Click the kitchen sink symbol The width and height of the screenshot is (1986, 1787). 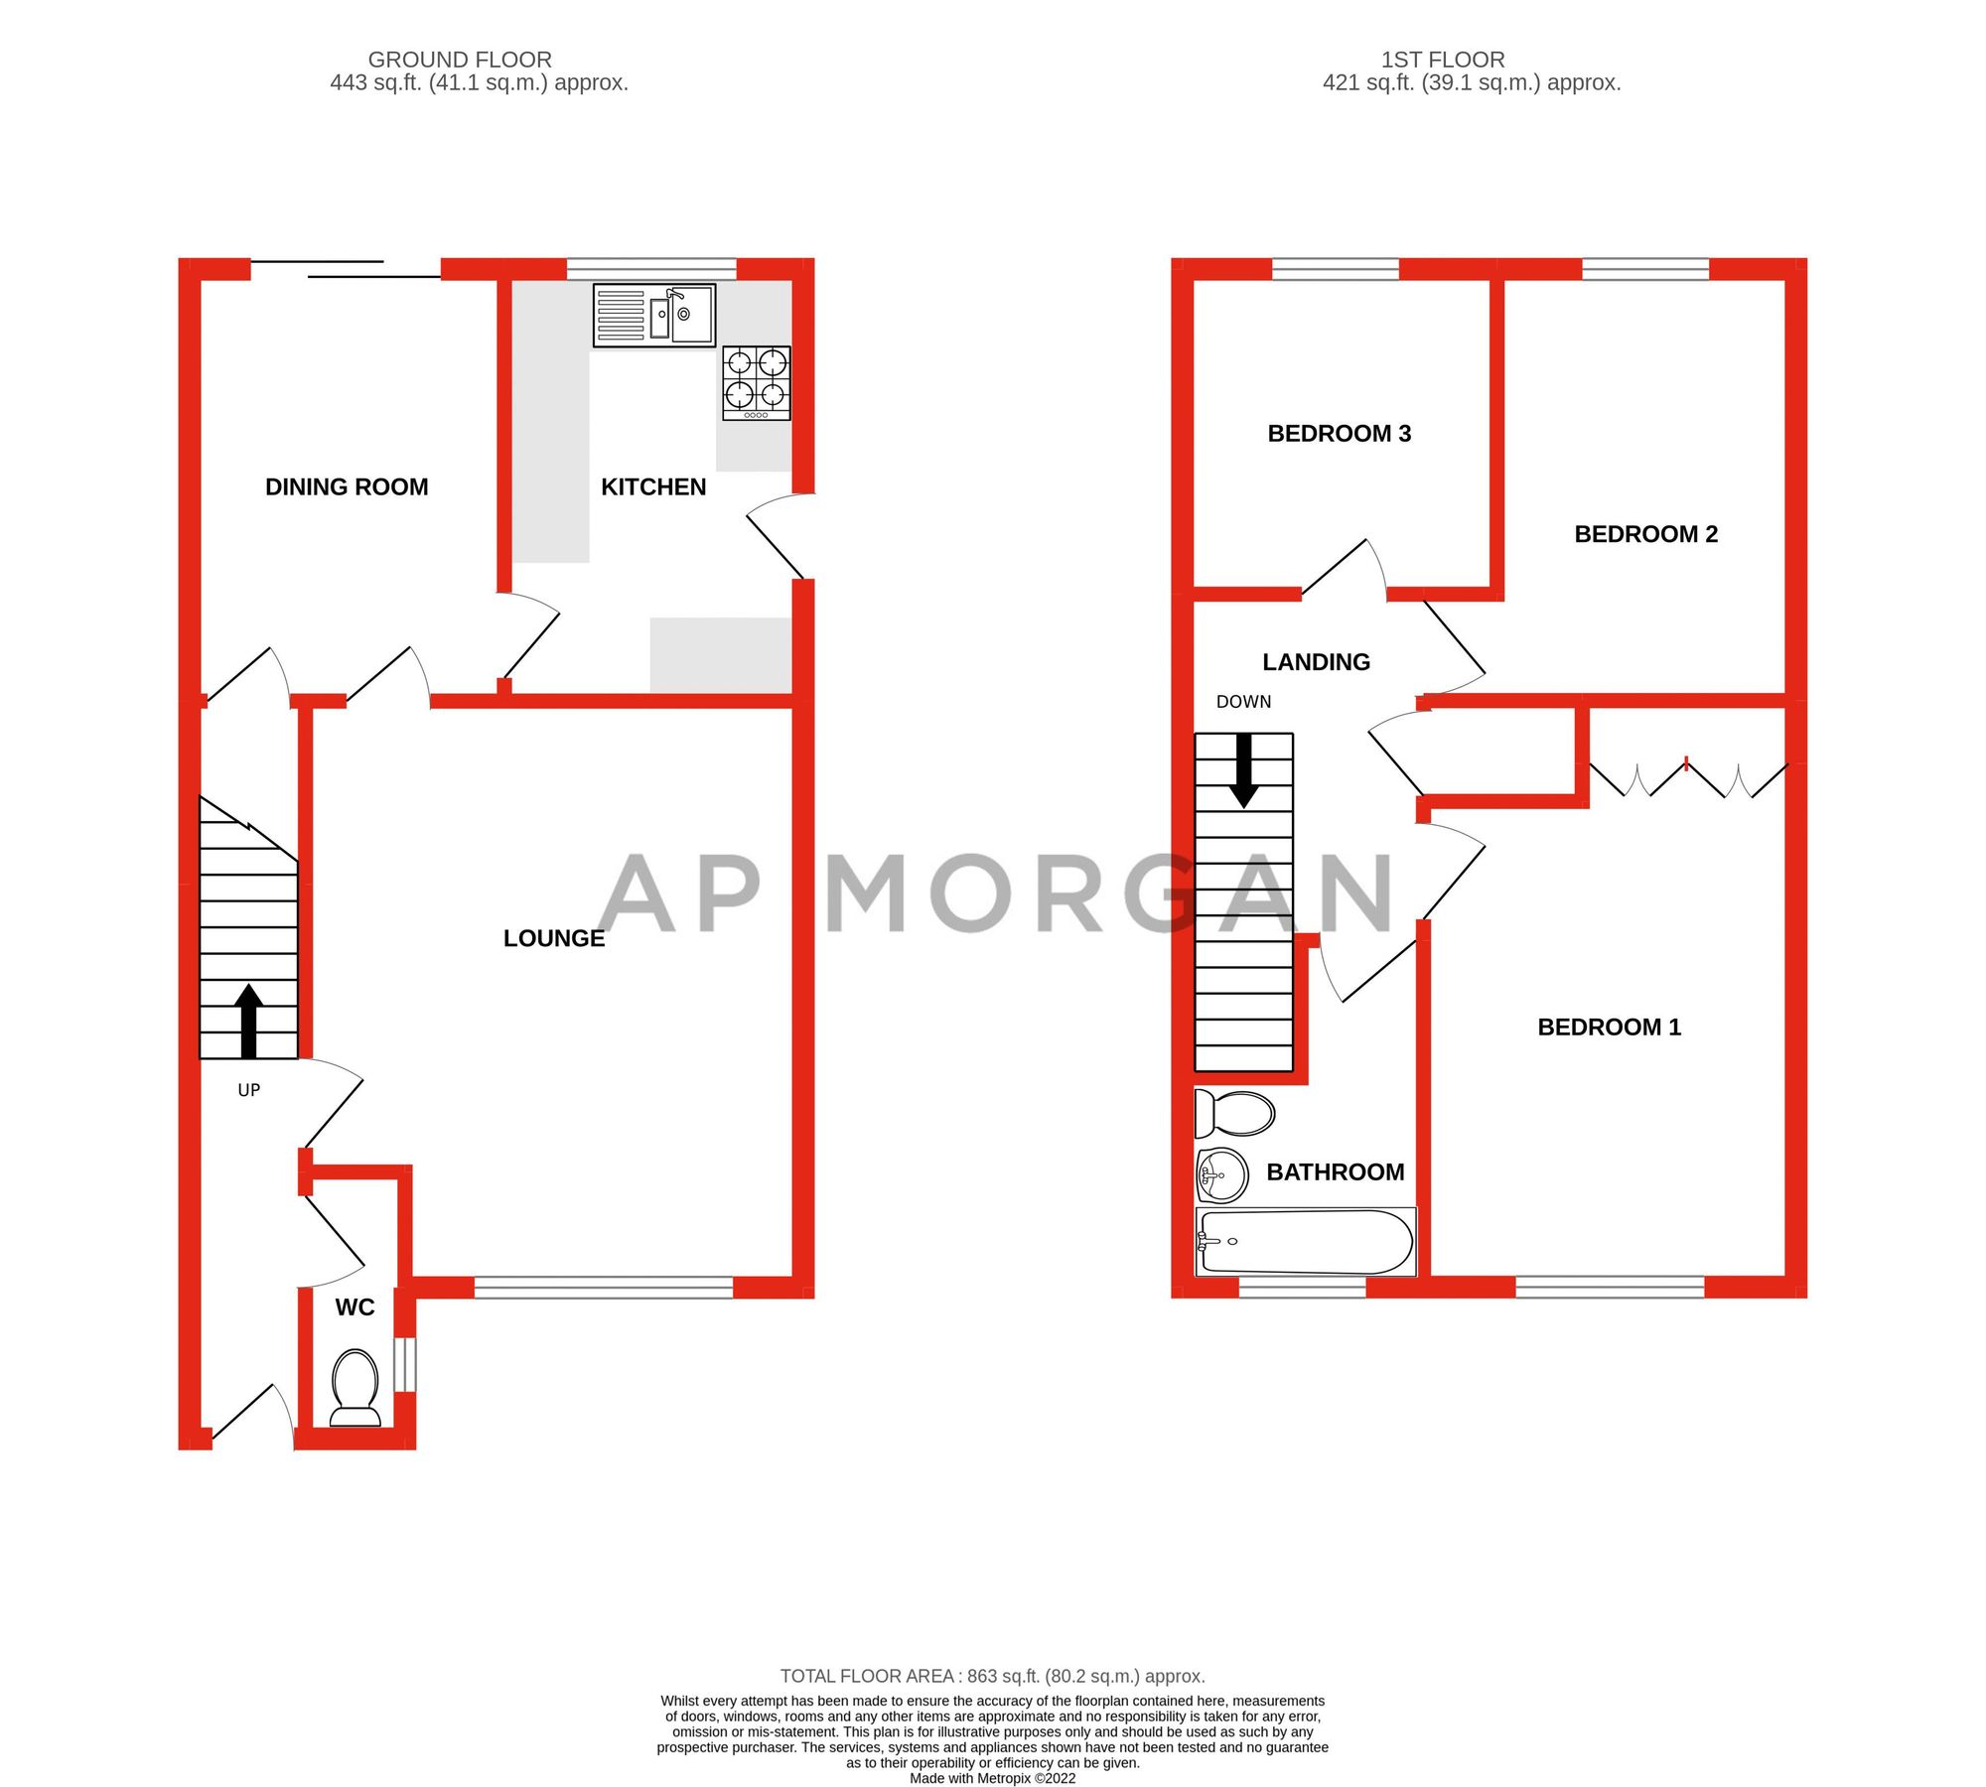(653, 315)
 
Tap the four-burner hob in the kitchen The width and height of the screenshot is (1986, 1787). (757, 383)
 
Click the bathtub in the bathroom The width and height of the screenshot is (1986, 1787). (1306, 1242)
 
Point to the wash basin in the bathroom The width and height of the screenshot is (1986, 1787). (1222, 1175)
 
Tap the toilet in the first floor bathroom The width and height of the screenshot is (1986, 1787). (1234, 1113)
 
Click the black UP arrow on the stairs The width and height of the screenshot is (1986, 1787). (248, 1021)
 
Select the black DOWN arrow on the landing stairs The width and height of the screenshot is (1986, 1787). (1243, 770)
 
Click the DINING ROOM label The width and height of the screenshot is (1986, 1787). (347, 486)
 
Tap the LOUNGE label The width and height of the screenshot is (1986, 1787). (553, 938)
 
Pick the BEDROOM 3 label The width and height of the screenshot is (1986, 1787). (1339, 433)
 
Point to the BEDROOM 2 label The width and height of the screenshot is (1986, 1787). (1645, 534)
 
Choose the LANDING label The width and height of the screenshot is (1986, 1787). (1316, 662)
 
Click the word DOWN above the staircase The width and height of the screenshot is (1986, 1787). (1243, 702)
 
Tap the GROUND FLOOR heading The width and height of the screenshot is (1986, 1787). (460, 60)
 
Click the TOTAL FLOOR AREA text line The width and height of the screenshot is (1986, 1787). (992, 1676)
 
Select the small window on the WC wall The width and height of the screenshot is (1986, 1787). (405, 1364)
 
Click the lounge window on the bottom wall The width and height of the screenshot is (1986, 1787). (603, 1288)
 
